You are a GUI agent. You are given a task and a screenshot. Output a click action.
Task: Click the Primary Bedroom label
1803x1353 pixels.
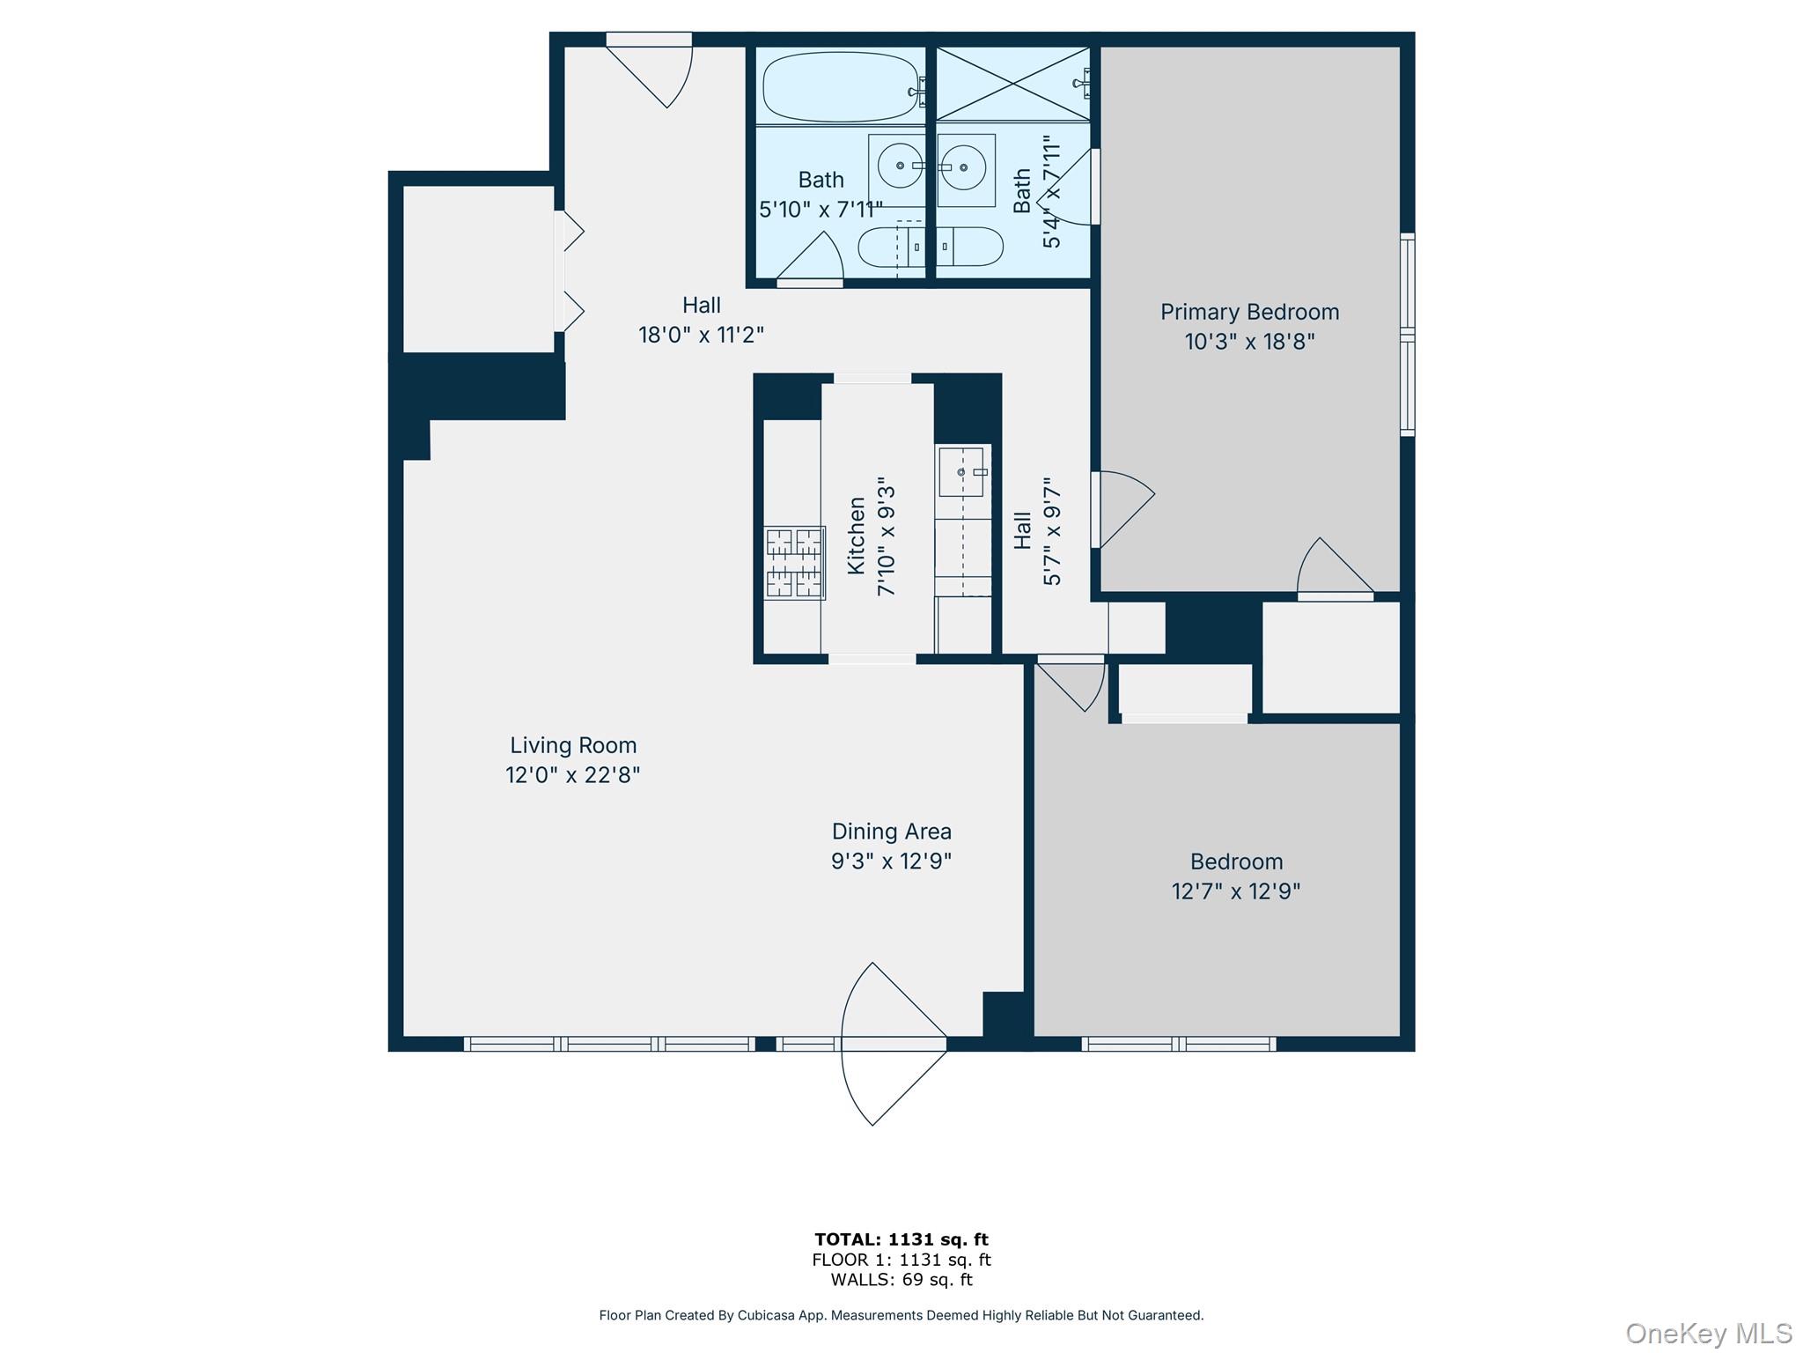pos(1248,312)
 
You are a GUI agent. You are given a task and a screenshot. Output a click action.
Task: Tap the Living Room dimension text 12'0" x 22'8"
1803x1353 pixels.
pos(572,775)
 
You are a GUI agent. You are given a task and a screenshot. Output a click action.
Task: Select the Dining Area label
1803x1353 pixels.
pos(891,831)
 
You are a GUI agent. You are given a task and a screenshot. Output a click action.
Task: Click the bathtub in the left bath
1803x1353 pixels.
pos(840,86)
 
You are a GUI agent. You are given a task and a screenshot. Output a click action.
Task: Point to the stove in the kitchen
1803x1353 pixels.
pos(794,563)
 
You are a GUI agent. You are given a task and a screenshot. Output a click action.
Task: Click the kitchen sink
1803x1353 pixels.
pos(961,472)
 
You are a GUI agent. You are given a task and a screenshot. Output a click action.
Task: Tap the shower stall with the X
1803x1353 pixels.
pos(1012,85)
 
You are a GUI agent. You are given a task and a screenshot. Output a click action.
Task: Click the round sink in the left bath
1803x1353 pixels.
pos(899,166)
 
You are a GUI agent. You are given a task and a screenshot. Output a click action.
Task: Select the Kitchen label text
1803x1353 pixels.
pos(856,536)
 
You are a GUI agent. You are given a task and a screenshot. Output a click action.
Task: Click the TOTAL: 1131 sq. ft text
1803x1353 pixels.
pos(901,1239)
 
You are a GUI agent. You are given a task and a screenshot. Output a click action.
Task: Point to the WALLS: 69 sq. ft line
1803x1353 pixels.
pos(901,1280)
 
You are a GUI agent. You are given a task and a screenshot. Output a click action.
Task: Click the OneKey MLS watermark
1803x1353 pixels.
pos(1708,1333)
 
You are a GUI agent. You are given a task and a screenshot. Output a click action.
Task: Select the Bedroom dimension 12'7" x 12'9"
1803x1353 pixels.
pos(1235,891)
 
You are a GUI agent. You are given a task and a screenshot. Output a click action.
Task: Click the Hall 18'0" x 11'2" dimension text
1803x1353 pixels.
pos(701,335)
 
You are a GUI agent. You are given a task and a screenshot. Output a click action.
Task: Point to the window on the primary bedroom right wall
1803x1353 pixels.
pos(1407,335)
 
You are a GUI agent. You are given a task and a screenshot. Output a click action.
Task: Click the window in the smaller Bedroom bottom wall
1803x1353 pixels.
pos(1178,1044)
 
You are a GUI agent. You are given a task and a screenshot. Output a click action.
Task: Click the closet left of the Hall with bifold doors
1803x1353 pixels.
pos(478,269)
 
